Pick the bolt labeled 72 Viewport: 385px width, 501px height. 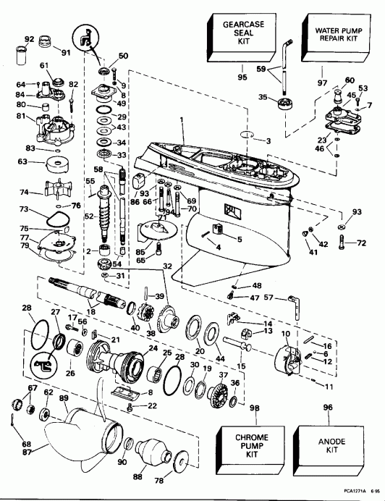pos(342,245)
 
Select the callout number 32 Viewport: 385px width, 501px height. pos(167,266)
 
